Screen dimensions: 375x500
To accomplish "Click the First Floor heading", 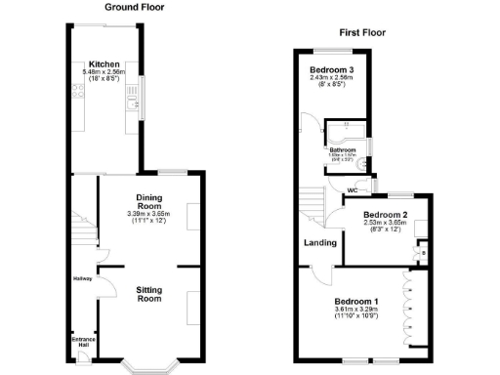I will pos(362,32).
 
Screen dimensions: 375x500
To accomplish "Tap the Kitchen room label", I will pos(104,63).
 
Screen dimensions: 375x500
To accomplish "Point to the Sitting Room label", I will pos(148,294).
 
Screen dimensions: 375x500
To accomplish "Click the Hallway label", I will pos(82,278).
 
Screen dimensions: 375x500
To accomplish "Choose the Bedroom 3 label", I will pos(332,70).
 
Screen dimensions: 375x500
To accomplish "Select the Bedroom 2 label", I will pos(384,214).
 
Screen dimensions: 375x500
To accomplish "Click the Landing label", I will pos(320,243).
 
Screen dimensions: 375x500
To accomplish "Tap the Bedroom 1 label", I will pos(355,301).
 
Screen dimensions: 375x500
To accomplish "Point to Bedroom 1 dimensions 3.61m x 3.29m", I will pos(355,310).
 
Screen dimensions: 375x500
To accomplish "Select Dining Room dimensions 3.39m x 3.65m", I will pos(148,215).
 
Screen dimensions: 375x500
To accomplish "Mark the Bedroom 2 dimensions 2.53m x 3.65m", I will pos(384,223).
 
